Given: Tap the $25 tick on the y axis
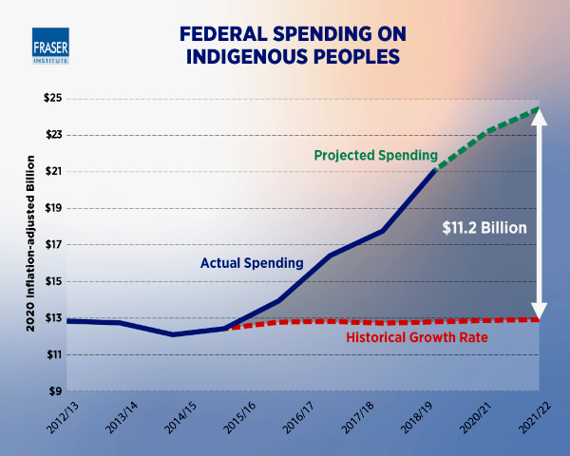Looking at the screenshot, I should (50, 99).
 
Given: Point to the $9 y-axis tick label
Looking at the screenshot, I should (53, 391).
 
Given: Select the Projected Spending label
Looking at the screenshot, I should (374, 155).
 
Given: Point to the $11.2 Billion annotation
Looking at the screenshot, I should (484, 228).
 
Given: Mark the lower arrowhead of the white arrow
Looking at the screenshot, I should (539, 312).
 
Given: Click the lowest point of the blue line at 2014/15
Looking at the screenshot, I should (173, 334).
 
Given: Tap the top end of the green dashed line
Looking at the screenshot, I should (538, 108).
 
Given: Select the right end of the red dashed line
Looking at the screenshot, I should (539, 319).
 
